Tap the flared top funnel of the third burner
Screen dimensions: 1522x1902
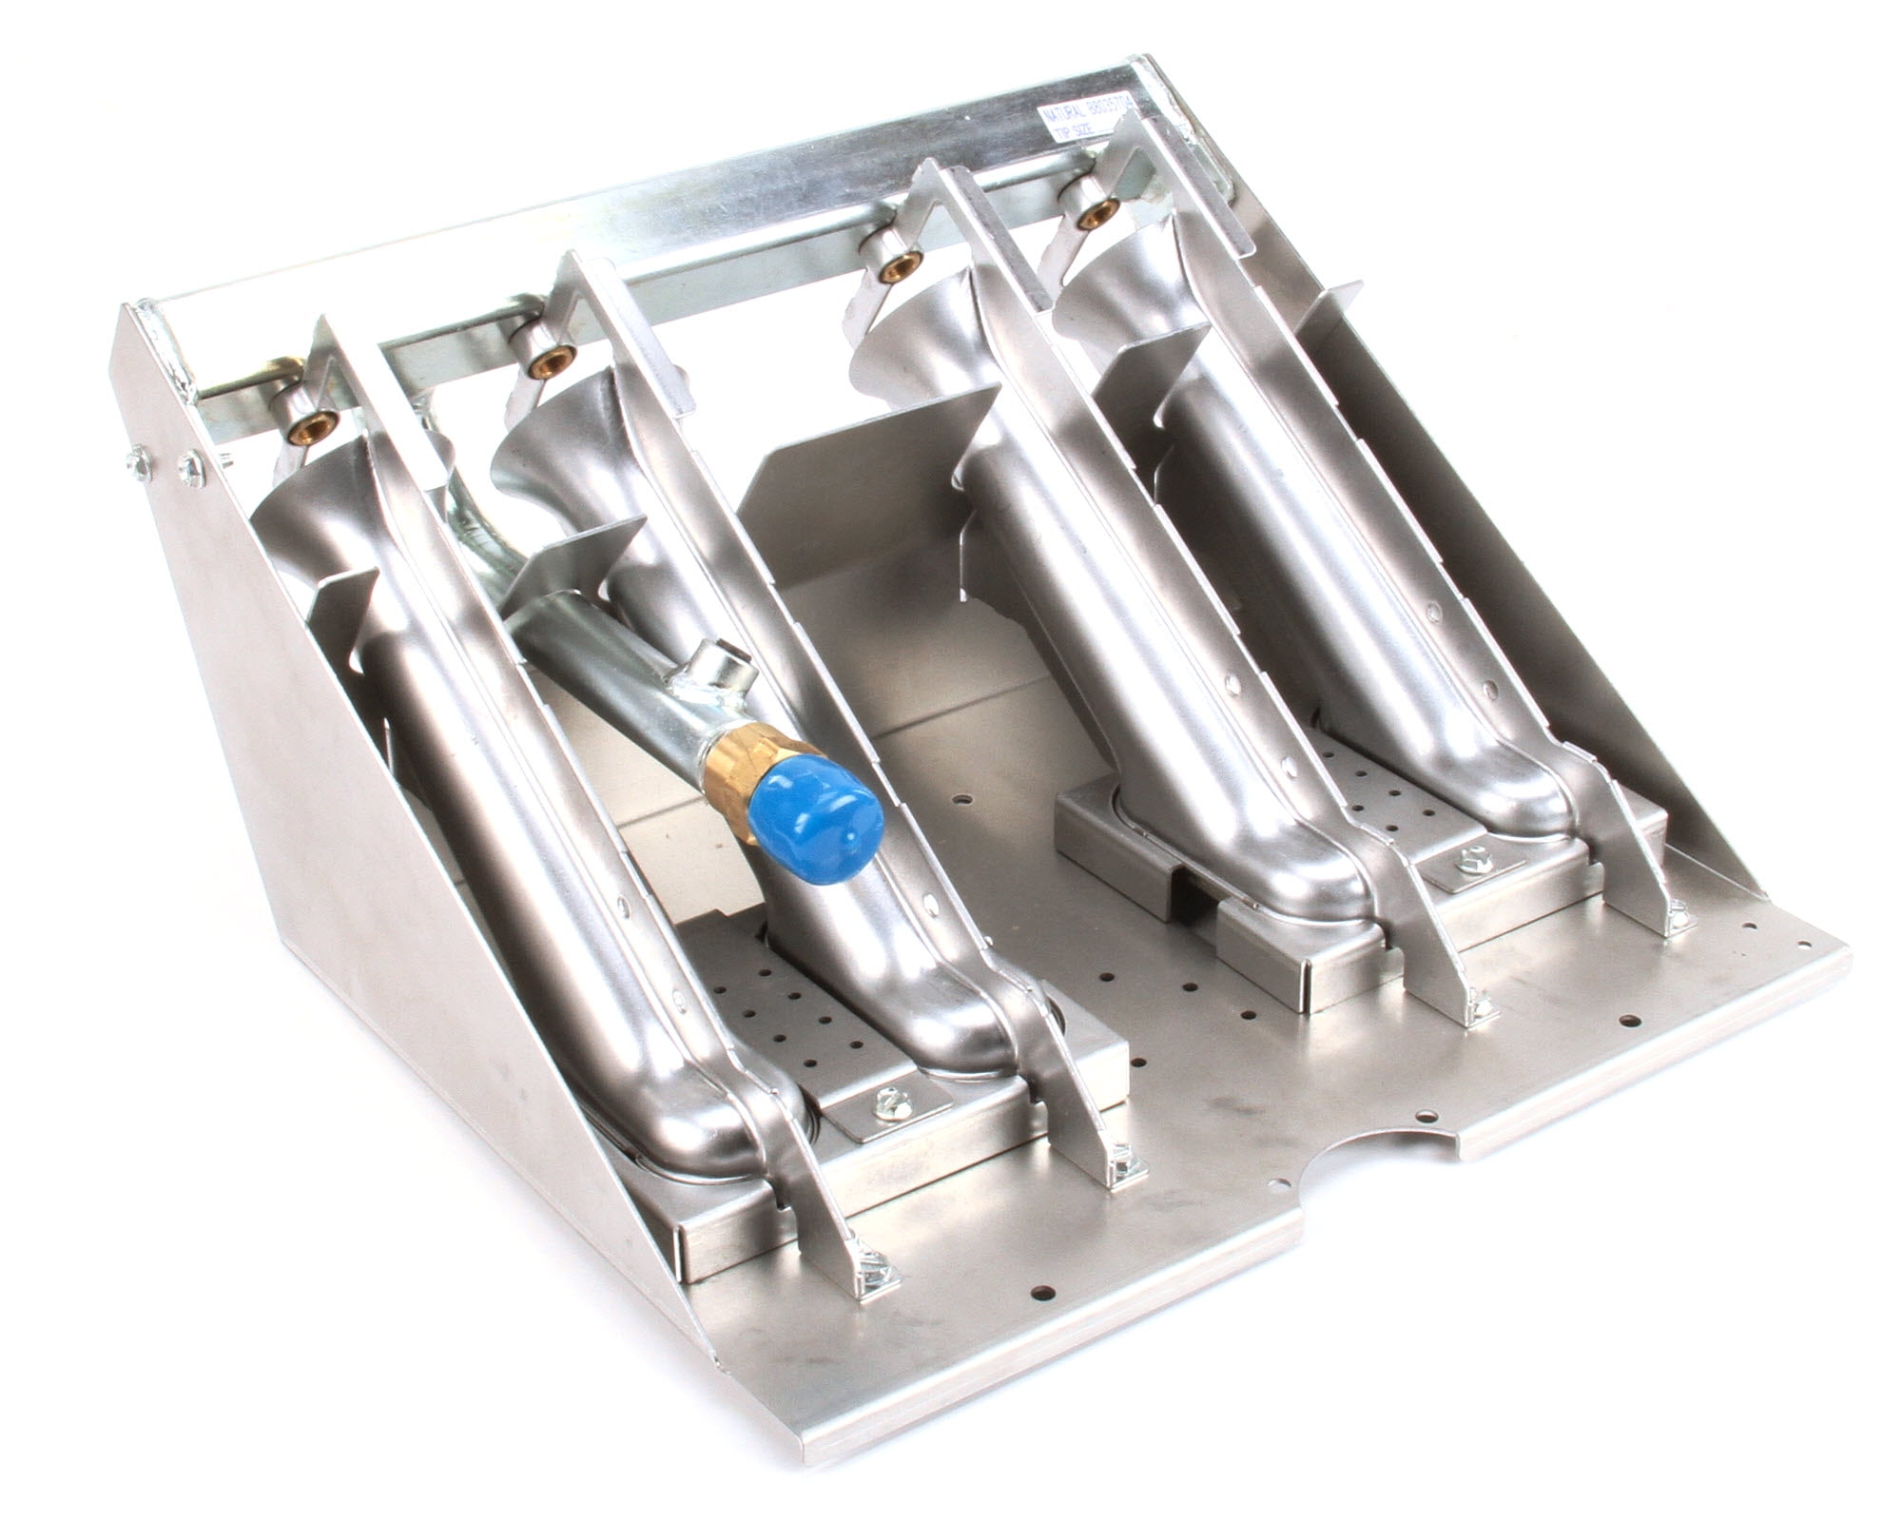pos(913,352)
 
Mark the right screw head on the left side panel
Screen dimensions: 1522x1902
pos(191,466)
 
